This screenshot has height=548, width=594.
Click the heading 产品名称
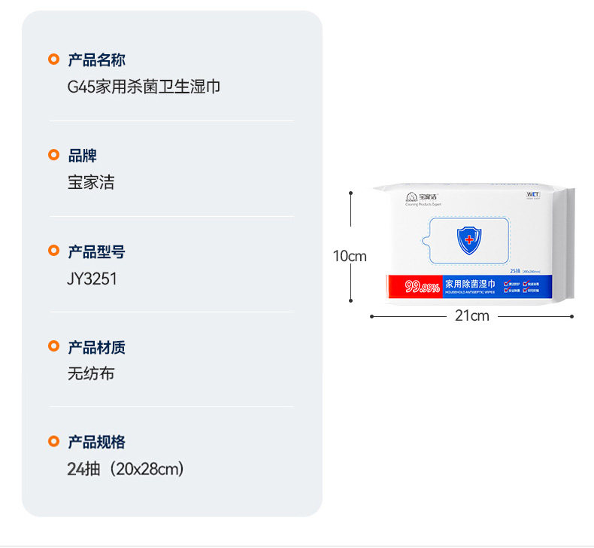point(96,60)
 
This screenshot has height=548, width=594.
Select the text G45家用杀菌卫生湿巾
point(144,87)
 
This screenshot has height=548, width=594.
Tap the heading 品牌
point(82,156)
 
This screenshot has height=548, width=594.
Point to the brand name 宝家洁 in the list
point(91,182)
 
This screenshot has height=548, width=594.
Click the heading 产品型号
point(96,251)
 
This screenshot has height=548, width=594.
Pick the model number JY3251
point(92,279)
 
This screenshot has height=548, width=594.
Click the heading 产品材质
point(96,347)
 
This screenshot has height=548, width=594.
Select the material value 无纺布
point(91,373)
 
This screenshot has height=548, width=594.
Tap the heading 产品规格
point(96,442)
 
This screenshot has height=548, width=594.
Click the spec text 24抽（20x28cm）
point(126,469)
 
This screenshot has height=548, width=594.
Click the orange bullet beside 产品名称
point(53,59)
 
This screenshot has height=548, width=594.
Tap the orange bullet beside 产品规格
point(53,441)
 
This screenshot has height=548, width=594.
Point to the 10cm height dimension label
point(350,256)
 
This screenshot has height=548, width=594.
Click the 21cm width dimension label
point(471,316)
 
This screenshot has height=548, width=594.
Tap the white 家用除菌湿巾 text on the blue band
point(470,284)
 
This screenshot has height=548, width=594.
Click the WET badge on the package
point(532,194)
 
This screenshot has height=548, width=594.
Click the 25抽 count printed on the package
point(516,270)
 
